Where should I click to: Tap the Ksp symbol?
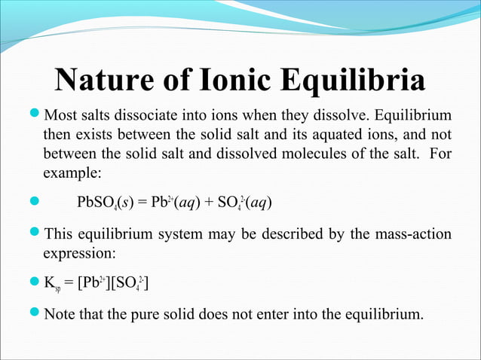(x=52, y=283)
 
